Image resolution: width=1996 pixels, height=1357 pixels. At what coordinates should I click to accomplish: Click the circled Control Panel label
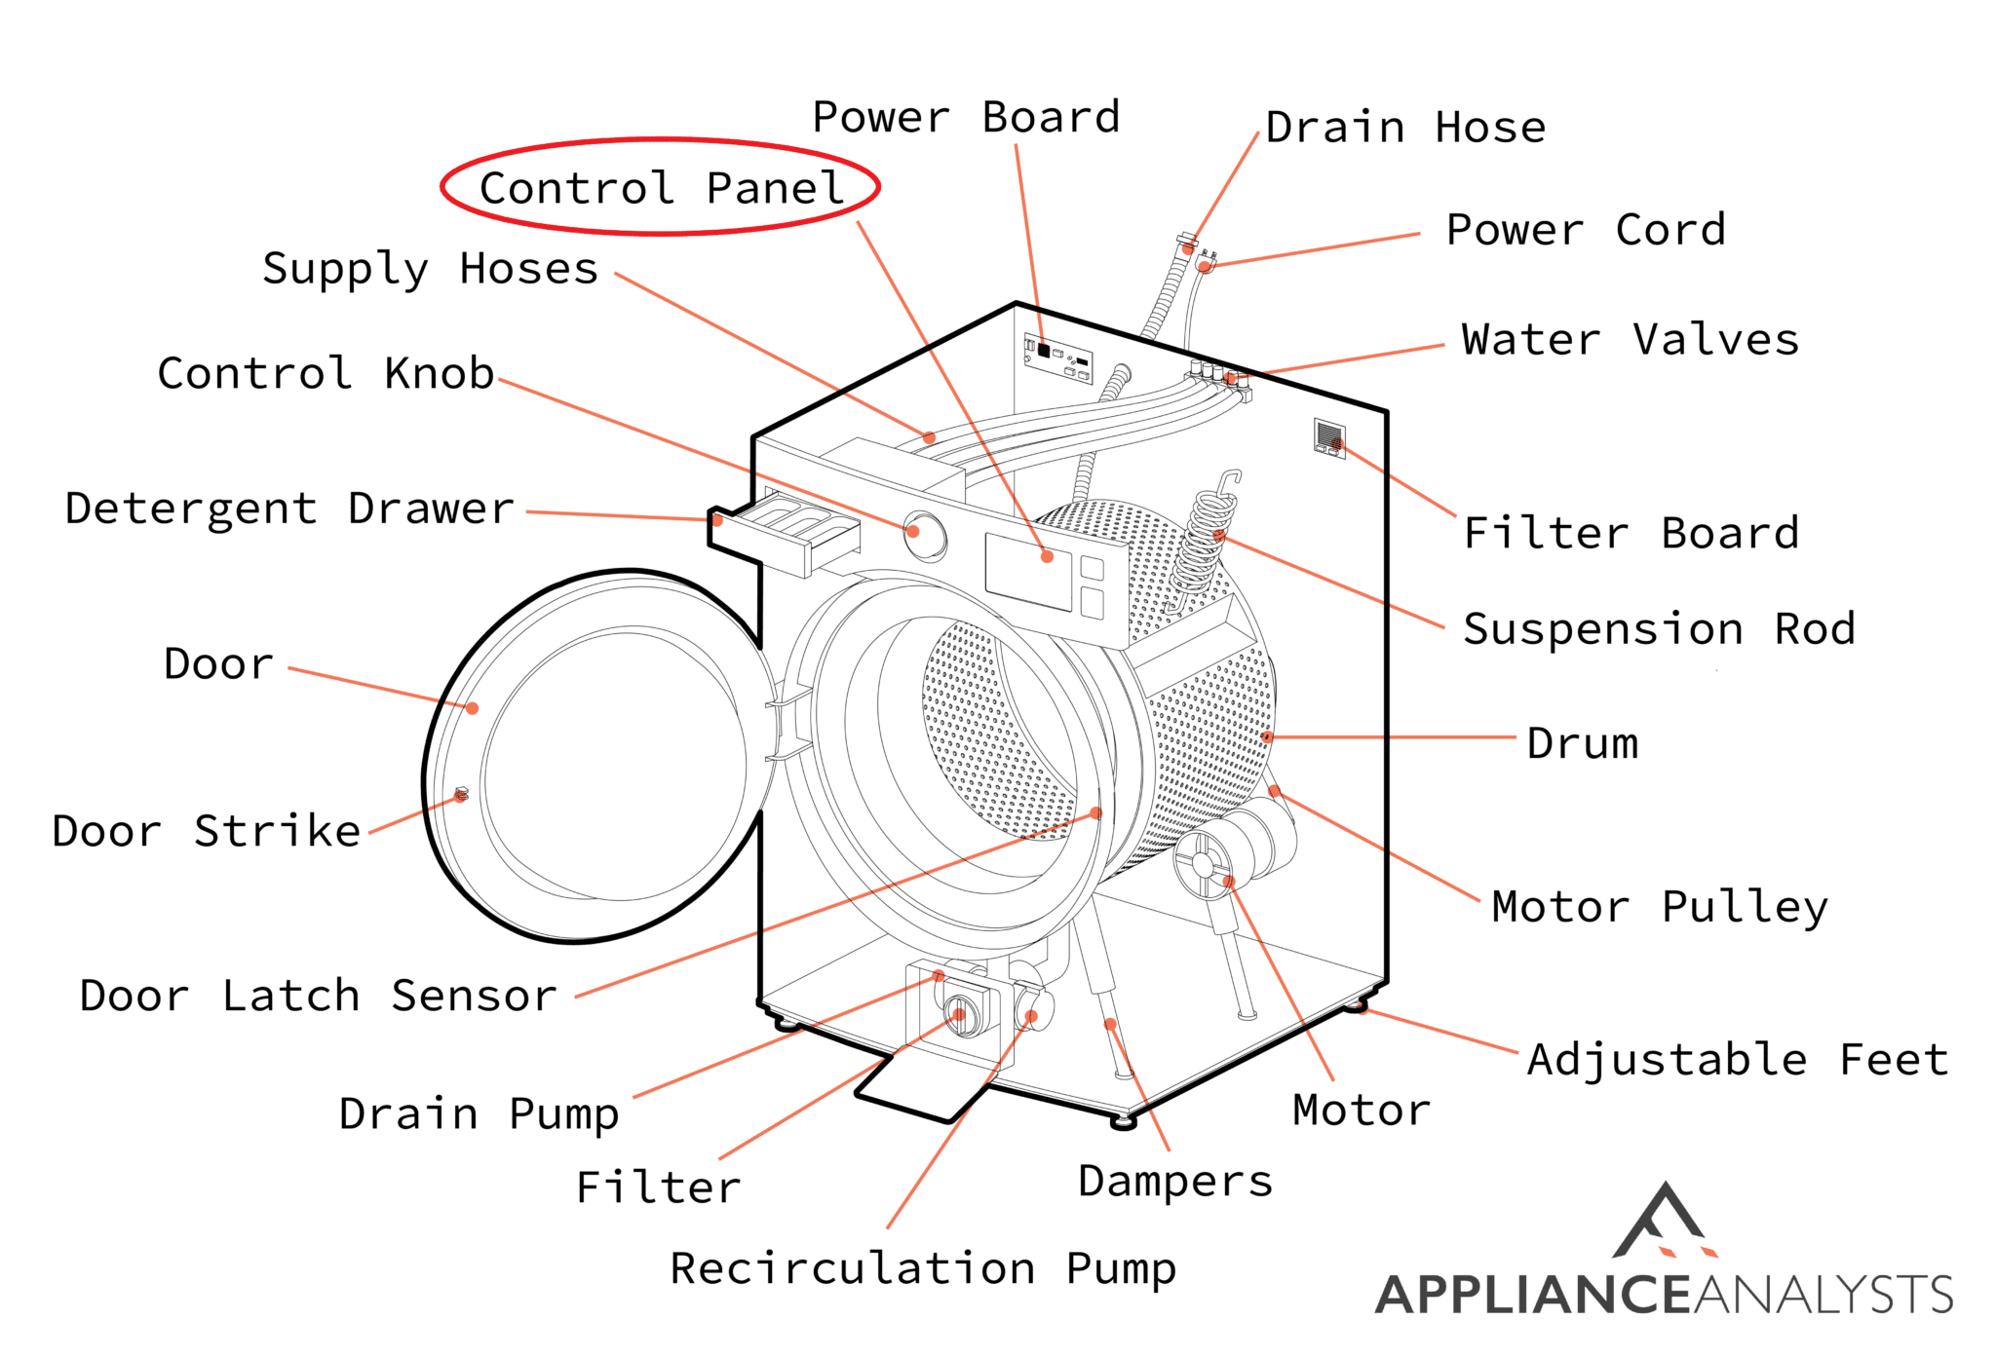(661, 187)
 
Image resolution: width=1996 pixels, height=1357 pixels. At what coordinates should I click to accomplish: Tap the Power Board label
(966, 118)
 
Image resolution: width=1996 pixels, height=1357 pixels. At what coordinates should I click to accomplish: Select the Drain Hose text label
(1405, 128)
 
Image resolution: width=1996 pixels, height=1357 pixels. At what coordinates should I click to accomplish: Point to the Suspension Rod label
(1659, 629)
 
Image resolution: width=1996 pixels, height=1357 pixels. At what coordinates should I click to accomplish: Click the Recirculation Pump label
(923, 1268)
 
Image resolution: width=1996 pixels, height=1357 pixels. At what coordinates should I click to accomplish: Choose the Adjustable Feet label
(1738, 1060)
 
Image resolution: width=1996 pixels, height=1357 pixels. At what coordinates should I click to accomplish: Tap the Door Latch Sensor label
(318, 996)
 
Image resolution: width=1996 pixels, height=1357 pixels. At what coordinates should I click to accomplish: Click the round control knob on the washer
(924, 534)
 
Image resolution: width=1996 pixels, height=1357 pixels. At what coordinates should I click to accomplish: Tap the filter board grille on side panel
(1329, 436)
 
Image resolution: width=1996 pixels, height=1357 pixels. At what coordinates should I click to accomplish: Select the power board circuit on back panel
(1057, 358)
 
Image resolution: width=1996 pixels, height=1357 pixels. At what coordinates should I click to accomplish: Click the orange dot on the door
(472, 708)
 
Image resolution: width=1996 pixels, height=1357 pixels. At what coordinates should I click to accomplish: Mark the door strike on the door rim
(462, 795)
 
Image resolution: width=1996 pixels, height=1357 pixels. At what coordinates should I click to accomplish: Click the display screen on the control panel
(1027, 572)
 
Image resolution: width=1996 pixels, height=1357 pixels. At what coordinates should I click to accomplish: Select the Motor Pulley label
(1659, 907)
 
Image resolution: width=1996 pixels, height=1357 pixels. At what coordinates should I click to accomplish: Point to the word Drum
(1582, 744)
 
